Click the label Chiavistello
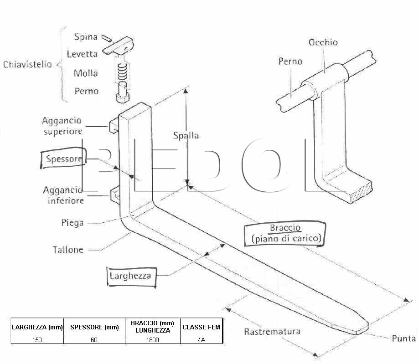27,64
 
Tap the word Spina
86,37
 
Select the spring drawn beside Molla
122,72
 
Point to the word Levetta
82,54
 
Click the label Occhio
323,42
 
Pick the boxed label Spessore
64,159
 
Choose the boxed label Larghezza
131,276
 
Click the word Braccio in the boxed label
285,228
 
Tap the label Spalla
186,136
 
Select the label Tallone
68,250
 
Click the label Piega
72,223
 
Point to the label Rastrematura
272,332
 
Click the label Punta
403,338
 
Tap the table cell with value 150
37,340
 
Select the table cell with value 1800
153,340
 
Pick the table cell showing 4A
201,340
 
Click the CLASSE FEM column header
201,327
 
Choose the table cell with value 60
94,340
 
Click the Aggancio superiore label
62,126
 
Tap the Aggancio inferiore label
63,195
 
